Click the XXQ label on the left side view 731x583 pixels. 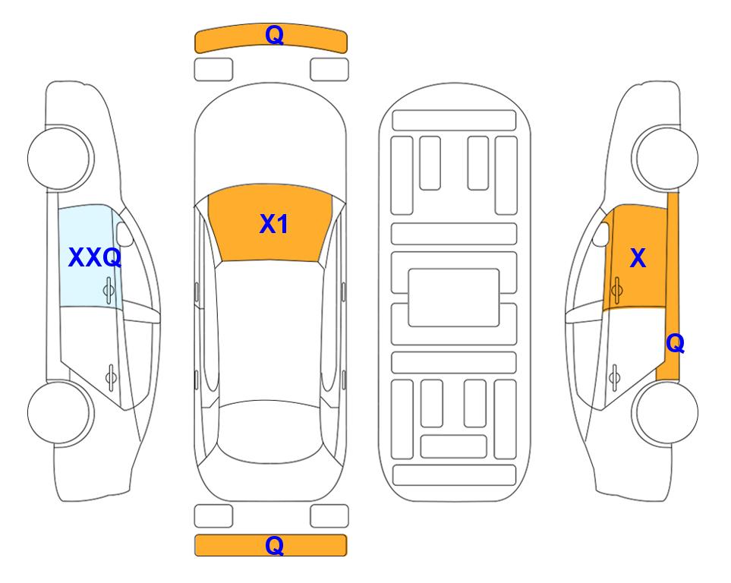pyautogui.click(x=95, y=257)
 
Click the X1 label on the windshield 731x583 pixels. pyautogui.click(x=274, y=224)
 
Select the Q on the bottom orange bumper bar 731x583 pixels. pyautogui.click(x=274, y=545)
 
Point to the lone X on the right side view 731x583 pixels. pyautogui.click(x=638, y=257)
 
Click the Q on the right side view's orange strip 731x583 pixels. pyautogui.click(x=675, y=343)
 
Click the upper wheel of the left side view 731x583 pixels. pyautogui.click(x=61, y=158)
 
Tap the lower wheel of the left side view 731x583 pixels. pyautogui.click(x=61, y=412)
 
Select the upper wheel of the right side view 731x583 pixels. pyautogui.click(x=665, y=158)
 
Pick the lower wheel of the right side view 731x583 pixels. pyautogui.click(x=665, y=412)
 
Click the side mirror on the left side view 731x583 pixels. pyautogui.click(x=124, y=234)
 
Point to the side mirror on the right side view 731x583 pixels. pyautogui.click(x=601, y=234)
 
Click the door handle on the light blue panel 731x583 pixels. pyautogui.click(x=109, y=290)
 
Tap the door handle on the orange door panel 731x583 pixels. pyautogui.click(x=617, y=290)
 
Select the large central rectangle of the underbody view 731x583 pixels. pyautogui.click(x=454, y=298)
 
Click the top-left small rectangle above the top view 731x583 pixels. pyautogui.click(x=213, y=70)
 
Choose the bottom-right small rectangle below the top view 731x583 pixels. pyautogui.click(x=329, y=516)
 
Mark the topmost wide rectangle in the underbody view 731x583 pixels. pyautogui.click(x=454, y=121)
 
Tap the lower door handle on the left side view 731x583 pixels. pyautogui.click(x=111, y=377)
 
